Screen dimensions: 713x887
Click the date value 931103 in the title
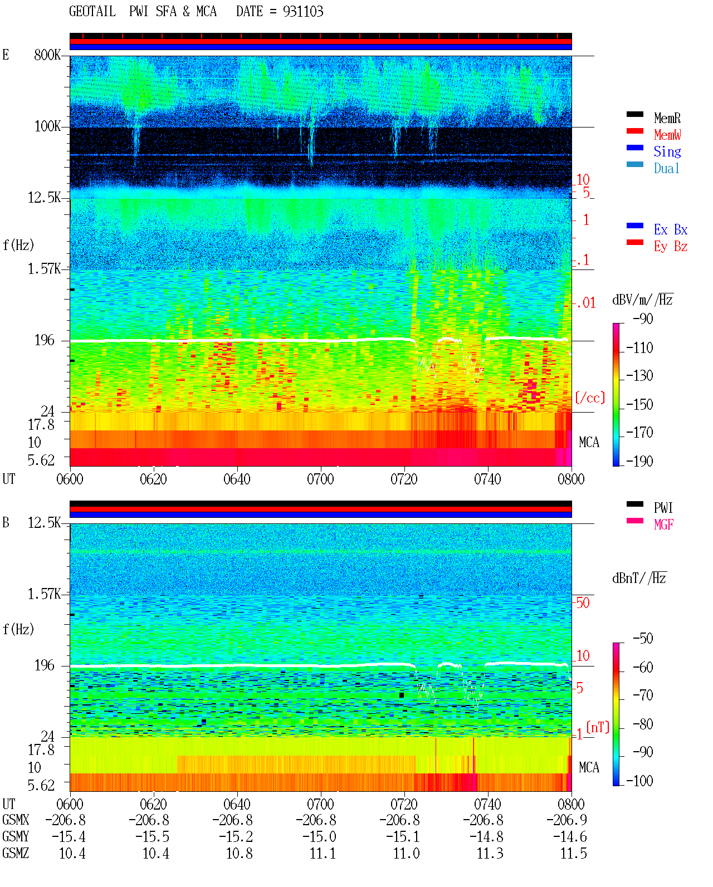pyautogui.click(x=302, y=11)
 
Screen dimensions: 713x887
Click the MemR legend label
pyautogui.click(x=667, y=118)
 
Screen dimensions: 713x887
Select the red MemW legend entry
pyautogui.click(x=667, y=135)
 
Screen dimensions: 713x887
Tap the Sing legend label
pyautogui.click(x=667, y=151)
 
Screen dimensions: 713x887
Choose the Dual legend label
pyautogui.click(x=666, y=168)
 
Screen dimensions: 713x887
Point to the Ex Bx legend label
pyautogui.click(x=670, y=229)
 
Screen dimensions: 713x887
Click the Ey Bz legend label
pyautogui.click(x=670, y=246)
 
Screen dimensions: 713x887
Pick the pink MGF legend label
pyautogui.click(x=663, y=525)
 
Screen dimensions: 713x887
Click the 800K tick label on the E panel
pyautogui.click(x=47, y=55)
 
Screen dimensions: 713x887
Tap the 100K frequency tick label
pyautogui.click(x=47, y=126)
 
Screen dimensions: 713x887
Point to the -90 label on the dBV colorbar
pyautogui.click(x=643, y=318)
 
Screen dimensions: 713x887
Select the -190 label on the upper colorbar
pyautogui.click(x=639, y=461)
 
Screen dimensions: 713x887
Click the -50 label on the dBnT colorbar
pyautogui.click(x=643, y=639)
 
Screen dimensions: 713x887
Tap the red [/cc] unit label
pyautogui.click(x=590, y=398)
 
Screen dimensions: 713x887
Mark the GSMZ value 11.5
pyautogui.click(x=573, y=853)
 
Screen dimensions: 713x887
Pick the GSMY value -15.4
pyautogui.click(x=69, y=836)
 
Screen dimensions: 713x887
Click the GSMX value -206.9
pyautogui.click(x=567, y=820)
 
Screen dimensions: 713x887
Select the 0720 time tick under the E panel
pyautogui.click(x=404, y=479)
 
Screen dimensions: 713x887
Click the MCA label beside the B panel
pyautogui.click(x=589, y=767)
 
